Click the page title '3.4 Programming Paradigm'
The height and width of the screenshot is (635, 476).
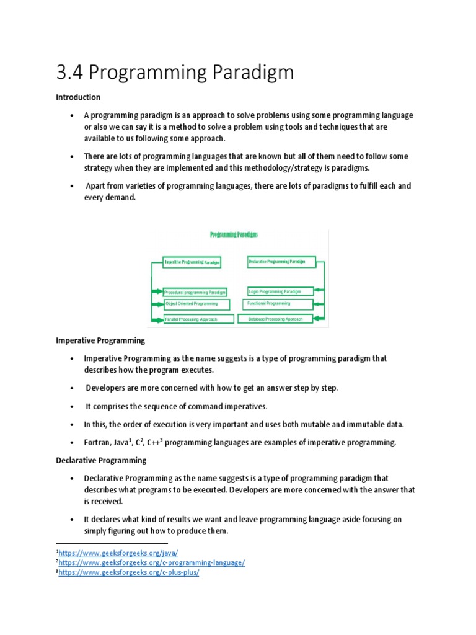175,73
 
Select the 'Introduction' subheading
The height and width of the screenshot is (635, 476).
78,97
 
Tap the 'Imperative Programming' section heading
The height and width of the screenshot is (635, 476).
100,340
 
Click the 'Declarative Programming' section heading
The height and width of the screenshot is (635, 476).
101,460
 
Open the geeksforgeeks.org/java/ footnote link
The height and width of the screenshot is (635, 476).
118,552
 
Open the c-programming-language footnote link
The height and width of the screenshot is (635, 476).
152,562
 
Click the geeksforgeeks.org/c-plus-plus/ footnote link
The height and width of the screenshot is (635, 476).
130,572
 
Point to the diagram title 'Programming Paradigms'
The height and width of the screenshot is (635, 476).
234,235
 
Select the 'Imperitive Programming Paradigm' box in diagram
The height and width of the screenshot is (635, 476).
192,262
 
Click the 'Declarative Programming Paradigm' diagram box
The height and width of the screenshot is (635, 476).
276,262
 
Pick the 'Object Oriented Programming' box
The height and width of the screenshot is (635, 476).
196,304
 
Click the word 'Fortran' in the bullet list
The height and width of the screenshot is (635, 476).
97,442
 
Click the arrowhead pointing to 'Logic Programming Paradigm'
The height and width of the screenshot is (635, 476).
317,290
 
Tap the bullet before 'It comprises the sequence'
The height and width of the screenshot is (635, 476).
73,407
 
